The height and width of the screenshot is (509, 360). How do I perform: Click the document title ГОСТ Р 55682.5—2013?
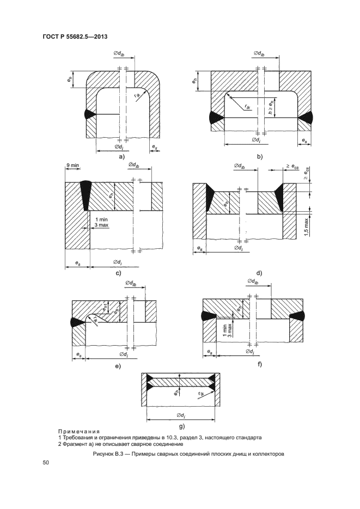[75, 36]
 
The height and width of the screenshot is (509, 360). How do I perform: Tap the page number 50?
[45, 463]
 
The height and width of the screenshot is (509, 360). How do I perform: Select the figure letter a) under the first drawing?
[122, 157]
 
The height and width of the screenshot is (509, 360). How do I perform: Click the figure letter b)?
[259, 157]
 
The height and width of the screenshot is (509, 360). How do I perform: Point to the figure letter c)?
[118, 273]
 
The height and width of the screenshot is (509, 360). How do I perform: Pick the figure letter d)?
[259, 273]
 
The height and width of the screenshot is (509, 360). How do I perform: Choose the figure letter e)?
[118, 366]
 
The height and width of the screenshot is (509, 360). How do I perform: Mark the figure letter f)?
[259, 364]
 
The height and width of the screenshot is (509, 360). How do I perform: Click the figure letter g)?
[181, 426]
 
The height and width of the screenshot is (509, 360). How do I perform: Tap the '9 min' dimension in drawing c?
[73, 165]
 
